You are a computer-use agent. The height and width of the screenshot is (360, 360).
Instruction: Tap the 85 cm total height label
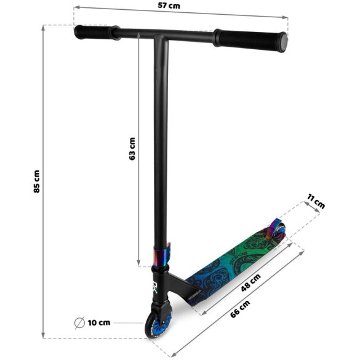click(36, 182)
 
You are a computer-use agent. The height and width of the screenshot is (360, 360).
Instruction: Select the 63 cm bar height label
click(132, 148)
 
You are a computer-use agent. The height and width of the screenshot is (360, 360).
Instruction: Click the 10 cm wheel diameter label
click(99, 322)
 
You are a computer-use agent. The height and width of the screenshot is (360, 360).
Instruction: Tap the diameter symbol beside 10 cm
click(79, 322)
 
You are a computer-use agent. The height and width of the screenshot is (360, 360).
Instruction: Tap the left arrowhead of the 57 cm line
click(76, 8)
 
